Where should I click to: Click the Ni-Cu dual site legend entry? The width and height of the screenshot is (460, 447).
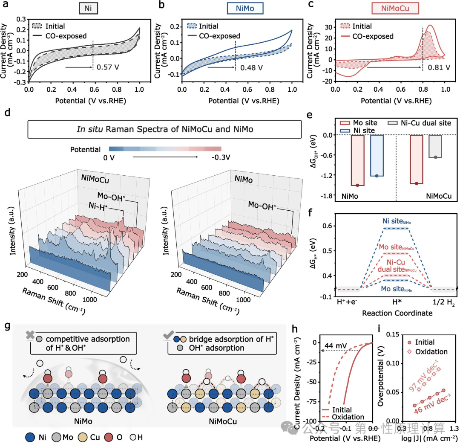(420, 123)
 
